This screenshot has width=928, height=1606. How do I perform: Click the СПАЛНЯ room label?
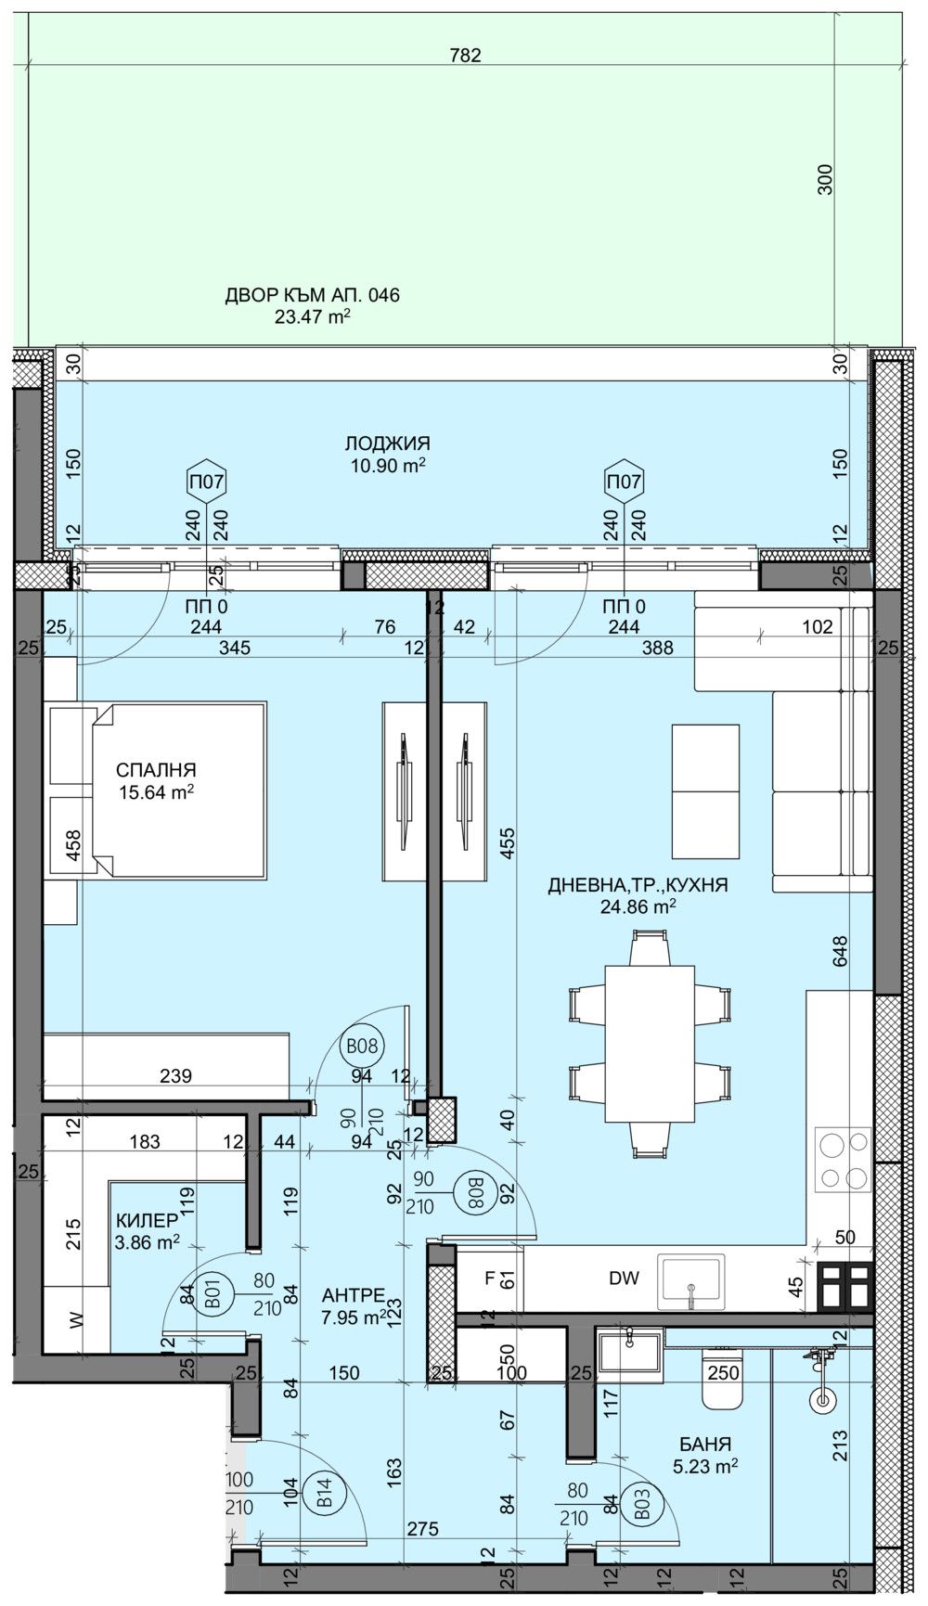156,769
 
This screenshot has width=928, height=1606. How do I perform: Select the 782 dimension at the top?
465,56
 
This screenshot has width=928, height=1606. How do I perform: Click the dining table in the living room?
650,1044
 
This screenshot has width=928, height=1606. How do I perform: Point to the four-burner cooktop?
843,1160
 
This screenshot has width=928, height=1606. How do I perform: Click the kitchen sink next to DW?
691,1280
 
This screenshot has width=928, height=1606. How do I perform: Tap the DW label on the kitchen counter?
625,1278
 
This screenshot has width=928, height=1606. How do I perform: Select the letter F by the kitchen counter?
491,1278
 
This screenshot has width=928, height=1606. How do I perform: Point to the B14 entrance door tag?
325,1494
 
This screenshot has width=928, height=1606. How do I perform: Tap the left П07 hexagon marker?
205,482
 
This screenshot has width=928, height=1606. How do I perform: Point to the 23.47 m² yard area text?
312,316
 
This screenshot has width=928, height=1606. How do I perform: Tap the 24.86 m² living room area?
638,906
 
